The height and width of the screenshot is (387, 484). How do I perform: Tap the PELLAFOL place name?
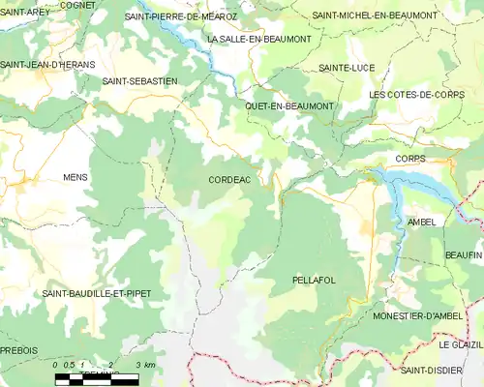tap(313, 280)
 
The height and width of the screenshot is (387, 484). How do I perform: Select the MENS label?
tap(76, 178)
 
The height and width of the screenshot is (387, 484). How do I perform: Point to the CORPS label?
tap(411, 158)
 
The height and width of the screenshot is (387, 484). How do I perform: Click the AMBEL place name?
tap(422, 222)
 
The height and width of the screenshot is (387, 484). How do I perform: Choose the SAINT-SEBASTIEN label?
tap(139, 82)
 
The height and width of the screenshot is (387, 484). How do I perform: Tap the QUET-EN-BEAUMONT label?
tap(289, 105)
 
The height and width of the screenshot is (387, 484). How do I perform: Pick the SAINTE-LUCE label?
tap(346, 68)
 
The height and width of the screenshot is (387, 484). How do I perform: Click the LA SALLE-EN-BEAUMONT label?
tap(259, 39)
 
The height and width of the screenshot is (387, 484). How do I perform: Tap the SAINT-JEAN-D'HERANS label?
tap(47, 64)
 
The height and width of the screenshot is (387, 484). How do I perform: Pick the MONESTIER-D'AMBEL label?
tap(420, 316)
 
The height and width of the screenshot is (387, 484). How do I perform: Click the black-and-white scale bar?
tap(97, 379)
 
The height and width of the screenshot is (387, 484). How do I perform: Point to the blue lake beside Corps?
tap(407, 184)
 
